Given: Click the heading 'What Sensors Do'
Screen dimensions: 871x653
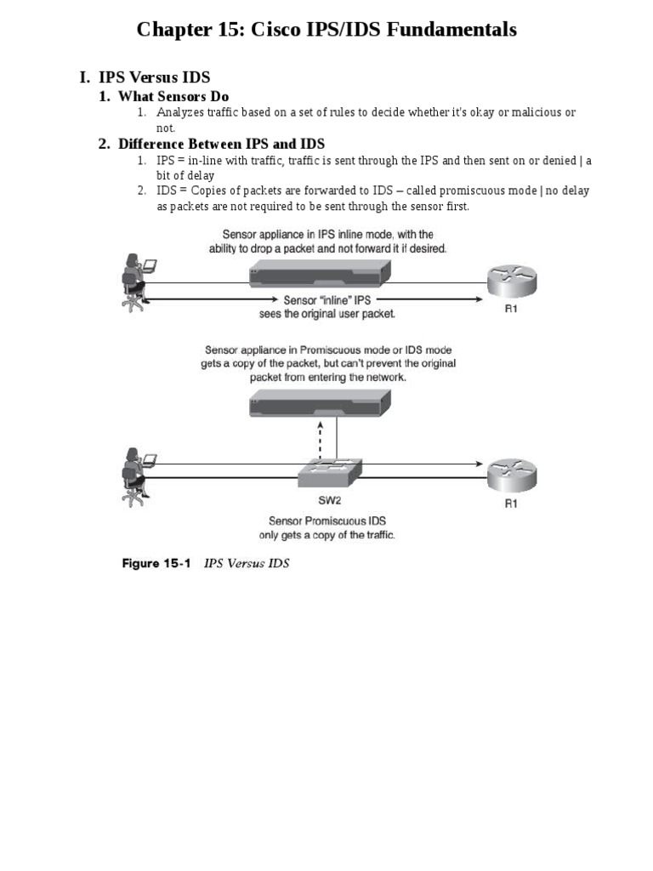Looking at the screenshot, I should click(173, 97).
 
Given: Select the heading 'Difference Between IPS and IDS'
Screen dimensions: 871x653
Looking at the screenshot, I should click(221, 144).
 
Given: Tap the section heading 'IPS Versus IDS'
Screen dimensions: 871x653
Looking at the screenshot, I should click(155, 77).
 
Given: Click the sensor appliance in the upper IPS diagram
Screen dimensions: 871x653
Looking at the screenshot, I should click(321, 274).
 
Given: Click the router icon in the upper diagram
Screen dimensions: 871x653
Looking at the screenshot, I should click(511, 280).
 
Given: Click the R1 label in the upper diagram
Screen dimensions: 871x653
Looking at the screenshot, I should click(511, 310).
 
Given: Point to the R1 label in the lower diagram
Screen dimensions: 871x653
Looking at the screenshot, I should click(511, 503).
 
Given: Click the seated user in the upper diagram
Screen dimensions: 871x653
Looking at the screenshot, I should click(135, 281).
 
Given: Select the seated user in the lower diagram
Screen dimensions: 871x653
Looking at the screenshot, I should click(135, 476).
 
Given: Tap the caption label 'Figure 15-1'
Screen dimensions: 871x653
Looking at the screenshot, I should click(158, 563).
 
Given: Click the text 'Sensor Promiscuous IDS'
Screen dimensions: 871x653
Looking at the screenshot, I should click(326, 521).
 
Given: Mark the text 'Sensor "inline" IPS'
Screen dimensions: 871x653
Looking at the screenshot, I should click(326, 301).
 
